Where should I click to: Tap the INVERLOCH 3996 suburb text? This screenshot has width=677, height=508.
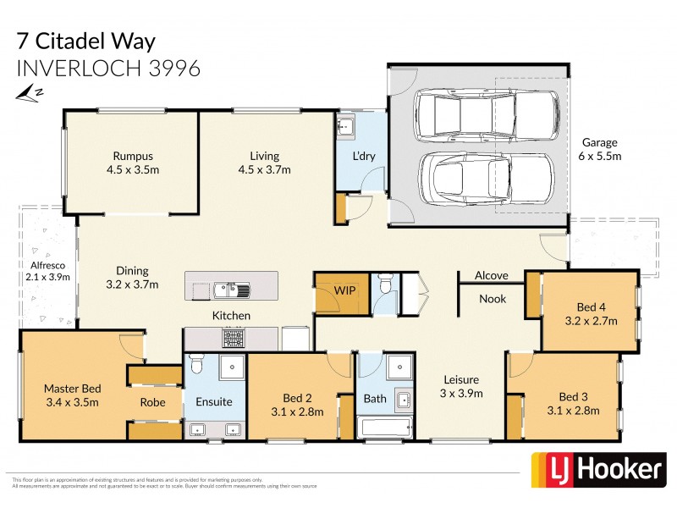108,68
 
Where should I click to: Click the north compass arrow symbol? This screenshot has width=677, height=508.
30,91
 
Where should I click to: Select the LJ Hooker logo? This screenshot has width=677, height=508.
597,470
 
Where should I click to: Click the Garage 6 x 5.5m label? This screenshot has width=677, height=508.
598,149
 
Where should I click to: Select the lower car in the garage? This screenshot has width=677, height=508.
487,179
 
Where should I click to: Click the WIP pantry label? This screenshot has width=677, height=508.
344,290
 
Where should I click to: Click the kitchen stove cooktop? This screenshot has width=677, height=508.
234,338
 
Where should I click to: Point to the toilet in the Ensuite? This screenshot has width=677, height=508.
196,365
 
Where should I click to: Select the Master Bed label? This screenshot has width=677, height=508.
72,395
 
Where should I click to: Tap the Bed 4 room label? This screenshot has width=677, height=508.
591,314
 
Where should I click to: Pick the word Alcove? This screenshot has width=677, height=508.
491,276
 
